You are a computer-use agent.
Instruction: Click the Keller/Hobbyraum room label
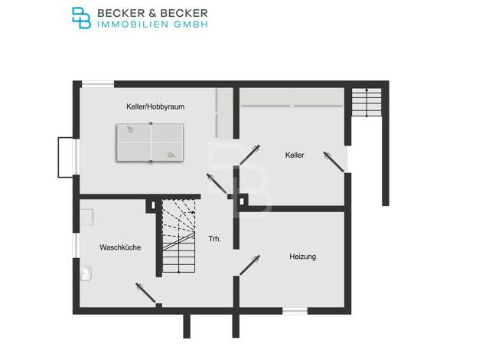[155, 106]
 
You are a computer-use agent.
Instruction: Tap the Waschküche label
[120, 247]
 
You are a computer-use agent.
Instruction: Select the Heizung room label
[302, 257]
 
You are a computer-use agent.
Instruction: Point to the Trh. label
[214, 239]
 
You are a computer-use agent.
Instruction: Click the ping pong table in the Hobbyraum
[150, 142]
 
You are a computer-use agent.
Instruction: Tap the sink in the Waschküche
[86, 273]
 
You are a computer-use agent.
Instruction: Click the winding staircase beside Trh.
[179, 236]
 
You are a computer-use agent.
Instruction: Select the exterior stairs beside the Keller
[367, 102]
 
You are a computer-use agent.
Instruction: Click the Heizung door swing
[249, 265]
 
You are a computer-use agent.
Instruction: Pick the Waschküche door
[145, 293]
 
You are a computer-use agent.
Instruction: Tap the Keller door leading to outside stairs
[334, 162]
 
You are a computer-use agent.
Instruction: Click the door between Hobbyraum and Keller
[249, 155]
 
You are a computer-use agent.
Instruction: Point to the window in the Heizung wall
[295, 311]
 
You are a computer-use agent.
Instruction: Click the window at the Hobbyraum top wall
[98, 83]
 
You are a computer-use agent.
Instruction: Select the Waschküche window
[76, 245]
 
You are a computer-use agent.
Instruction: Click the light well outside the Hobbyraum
[66, 157]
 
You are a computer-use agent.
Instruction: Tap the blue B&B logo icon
[81, 18]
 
